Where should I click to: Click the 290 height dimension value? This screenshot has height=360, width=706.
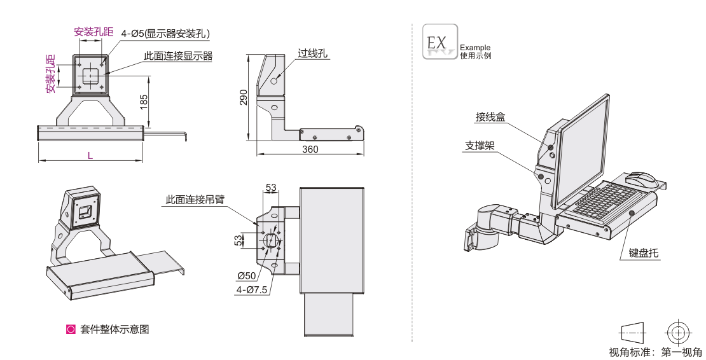[243, 97]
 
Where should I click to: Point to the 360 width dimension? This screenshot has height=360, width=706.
[310, 149]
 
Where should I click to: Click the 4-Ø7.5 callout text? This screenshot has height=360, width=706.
[251, 290]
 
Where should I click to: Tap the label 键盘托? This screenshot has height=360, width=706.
[644, 253]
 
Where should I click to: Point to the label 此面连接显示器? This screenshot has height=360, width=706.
[178, 56]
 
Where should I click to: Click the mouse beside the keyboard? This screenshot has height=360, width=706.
[640, 177]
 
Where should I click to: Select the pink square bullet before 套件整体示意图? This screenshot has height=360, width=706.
[71, 329]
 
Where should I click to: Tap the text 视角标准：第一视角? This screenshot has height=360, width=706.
[655, 352]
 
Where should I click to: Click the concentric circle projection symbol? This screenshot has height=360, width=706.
[677, 332]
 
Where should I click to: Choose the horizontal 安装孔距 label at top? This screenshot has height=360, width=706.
[93, 31]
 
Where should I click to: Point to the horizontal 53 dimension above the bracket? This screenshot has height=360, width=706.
[271, 187]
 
